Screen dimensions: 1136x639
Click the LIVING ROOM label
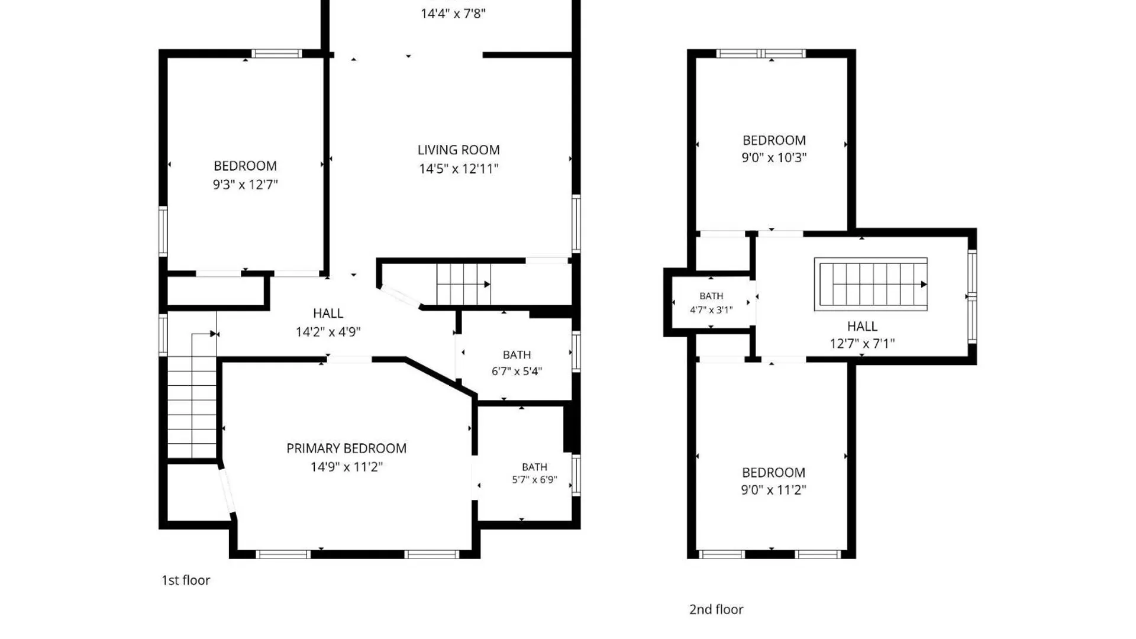[459, 150]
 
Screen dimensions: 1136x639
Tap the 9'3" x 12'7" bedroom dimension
[246, 185]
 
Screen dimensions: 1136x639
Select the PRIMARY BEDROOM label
[347, 448]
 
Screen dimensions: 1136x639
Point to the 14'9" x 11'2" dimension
[347, 467]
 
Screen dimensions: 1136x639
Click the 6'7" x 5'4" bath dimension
[517, 372]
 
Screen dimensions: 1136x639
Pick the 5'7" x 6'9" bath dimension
[534, 480]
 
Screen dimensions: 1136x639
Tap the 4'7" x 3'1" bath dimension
[711, 309]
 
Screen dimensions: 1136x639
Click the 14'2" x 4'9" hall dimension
[328, 332]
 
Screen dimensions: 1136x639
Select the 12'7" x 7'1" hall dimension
[862, 343]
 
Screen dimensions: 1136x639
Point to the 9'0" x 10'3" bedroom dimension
[774, 157]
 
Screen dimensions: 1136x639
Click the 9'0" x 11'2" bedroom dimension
[773, 490]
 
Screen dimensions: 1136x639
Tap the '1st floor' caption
[186, 580]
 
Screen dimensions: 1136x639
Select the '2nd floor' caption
[716, 609]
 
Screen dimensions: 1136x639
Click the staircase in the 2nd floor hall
[871, 284]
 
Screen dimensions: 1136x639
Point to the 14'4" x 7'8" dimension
[453, 13]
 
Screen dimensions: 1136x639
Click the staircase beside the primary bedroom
[192, 395]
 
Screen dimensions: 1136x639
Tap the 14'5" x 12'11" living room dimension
[459, 169]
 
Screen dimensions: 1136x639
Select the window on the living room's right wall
[576, 224]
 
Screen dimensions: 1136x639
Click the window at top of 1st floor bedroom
[277, 53]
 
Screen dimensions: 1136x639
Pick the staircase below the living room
[463, 284]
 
